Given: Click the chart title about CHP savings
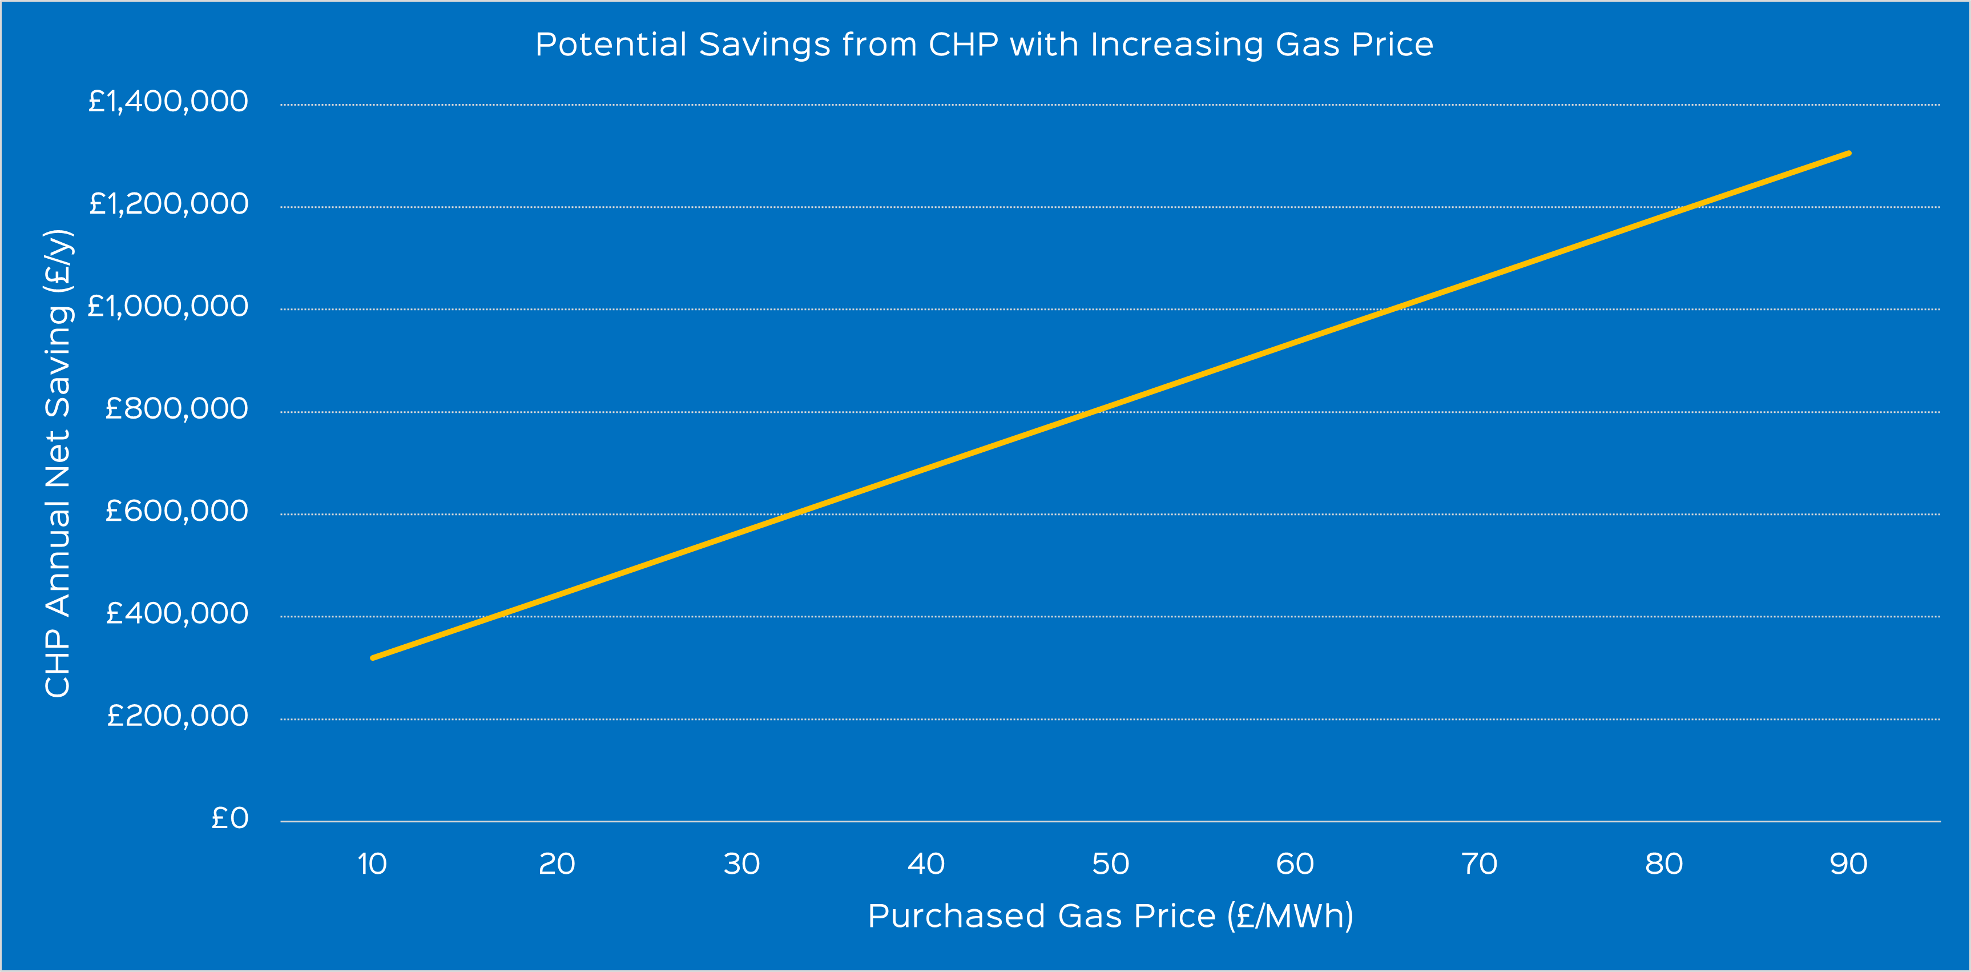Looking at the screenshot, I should coord(984,45).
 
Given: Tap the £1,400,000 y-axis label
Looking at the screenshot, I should coord(168,102).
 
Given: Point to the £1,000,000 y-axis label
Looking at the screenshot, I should coord(168,307).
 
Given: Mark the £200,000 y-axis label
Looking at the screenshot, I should coord(177,716).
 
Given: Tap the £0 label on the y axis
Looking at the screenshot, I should coord(229,819).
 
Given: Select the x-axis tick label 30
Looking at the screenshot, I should coord(741,864).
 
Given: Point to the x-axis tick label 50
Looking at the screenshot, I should coord(1110,864).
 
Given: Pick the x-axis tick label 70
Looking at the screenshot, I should coord(1479,864).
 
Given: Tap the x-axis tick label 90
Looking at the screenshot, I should coord(1848,864).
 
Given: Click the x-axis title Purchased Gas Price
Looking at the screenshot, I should coord(1110,916).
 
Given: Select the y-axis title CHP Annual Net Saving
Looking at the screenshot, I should coord(58,463).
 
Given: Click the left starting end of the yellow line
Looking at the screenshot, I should coord(373,657).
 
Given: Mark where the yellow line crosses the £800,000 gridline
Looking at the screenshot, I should coord(1094,412).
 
